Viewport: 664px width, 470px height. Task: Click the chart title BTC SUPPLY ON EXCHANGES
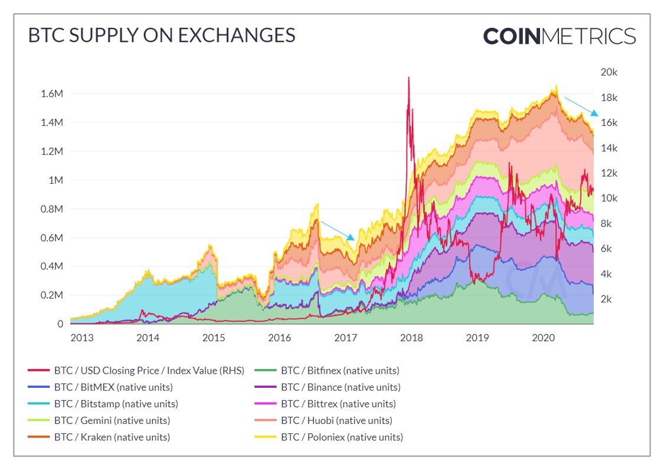[x=161, y=35]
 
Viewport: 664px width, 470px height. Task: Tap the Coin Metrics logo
[x=559, y=36]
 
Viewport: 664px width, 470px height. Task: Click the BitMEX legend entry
[x=100, y=387]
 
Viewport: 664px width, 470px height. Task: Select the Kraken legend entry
[x=99, y=437]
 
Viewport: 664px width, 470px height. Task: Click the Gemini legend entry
[x=99, y=420]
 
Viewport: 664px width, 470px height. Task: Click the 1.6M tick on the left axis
[x=51, y=93]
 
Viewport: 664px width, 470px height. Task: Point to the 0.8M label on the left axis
[x=51, y=209]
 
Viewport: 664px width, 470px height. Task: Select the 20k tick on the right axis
[x=609, y=72]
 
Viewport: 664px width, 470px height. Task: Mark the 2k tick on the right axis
[x=609, y=299]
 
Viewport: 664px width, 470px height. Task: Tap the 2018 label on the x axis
[x=411, y=338]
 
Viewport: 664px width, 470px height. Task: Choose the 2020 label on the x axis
[x=543, y=338]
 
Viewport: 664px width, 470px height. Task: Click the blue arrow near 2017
[x=337, y=231]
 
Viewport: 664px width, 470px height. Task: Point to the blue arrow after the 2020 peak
[x=581, y=106]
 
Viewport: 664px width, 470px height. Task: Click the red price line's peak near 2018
[x=408, y=77]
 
